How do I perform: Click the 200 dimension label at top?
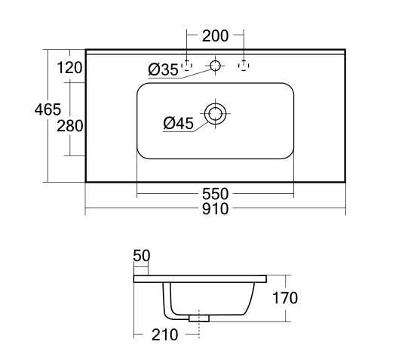coord(215,35)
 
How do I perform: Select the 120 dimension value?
coord(69,68)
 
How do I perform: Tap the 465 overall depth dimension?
coord(47,109)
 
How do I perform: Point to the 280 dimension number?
coord(69,125)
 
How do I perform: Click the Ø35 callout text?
coord(163,70)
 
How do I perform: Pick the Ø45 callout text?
coord(178,122)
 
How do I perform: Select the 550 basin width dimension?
coord(215,192)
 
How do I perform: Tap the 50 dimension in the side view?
coord(142,256)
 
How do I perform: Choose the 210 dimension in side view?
coord(164,334)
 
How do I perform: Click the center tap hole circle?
coord(216,66)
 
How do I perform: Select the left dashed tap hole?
coord(189,66)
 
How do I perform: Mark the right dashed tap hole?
coord(243,66)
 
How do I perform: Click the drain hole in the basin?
coord(216,114)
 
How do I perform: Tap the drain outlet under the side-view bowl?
coord(199,318)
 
